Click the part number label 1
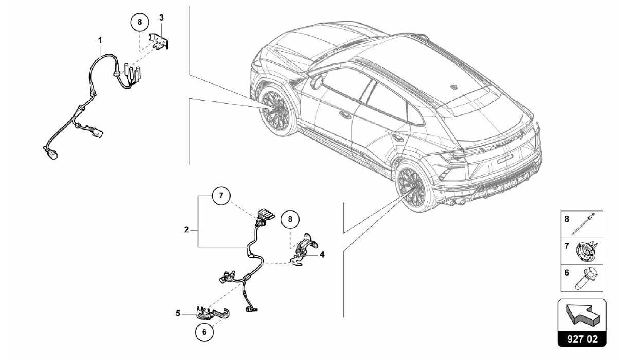pyautogui.click(x=100, y=40)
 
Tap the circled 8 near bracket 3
pyautogui.click(x=140, y=22)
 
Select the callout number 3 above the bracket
pyautogui.click(x=161, y=18)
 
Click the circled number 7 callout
pyautogui.click(x=221, y=195)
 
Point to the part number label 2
pyautogui.click(x=186, y=230)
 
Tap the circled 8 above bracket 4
pyautogui.click(x=290, y=219)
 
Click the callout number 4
pyautogui.click(x=322, y=255)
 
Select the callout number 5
pyautogui.click(x=178, y=313)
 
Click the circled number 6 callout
pyautogui.click(x=205, y=332)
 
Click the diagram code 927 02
pyautogui.click(x=582, y=339)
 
